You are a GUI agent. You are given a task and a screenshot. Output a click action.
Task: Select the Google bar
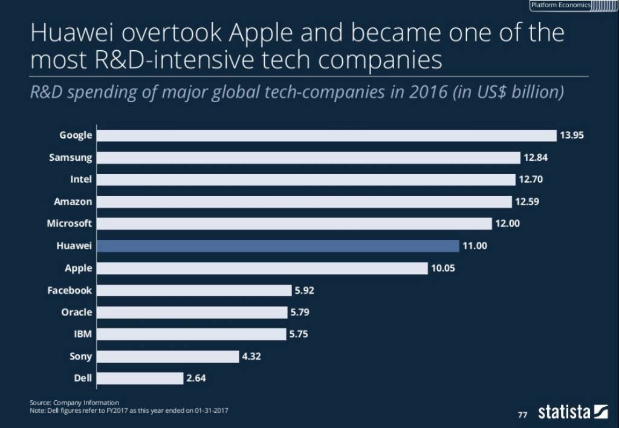point(326,135)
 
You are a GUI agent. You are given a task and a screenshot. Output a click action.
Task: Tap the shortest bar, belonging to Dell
point(140,378)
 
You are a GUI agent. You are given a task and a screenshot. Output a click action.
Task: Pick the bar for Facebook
point(194,290)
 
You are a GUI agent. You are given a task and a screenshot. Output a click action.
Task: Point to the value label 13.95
point(572,135)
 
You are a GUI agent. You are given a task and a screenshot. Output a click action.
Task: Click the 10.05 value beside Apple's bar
point(443,268)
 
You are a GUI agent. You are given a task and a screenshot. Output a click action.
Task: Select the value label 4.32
point(251,357)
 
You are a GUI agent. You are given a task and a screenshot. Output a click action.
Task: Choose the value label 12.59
point(527,202)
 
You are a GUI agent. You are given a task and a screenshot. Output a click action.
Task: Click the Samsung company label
point(71,158)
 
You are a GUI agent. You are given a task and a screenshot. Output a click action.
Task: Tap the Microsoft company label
point(70,224)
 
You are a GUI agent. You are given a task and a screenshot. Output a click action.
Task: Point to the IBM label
point(83,334)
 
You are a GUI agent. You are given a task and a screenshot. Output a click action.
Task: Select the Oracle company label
point(77,313)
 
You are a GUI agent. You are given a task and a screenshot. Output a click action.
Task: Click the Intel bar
point(306,180)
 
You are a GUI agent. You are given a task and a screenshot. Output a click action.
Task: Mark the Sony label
point(81,357)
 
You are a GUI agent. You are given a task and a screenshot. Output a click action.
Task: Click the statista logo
point(572,413)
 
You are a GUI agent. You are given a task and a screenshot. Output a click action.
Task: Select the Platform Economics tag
point(560,5)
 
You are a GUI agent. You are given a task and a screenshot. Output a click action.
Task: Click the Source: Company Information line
point(74,403)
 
